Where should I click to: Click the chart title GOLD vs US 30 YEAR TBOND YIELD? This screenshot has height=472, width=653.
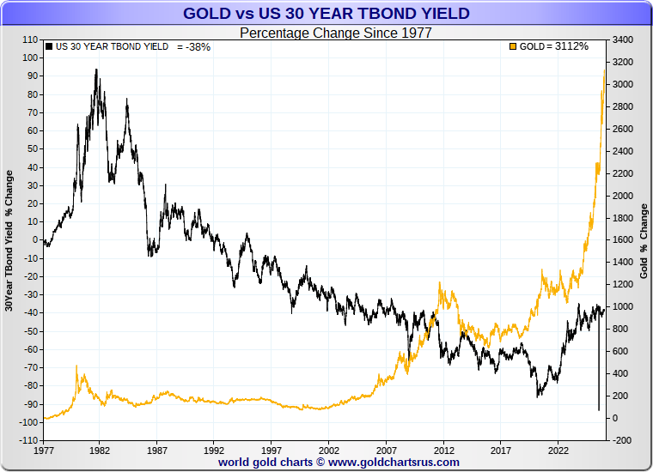326,13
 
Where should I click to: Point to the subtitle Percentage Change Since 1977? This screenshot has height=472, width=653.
335,33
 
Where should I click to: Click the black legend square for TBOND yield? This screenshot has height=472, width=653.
49,46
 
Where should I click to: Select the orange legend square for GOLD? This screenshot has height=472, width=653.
514,46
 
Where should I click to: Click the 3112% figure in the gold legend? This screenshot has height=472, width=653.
571,46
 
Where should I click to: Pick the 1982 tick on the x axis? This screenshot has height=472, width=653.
100,449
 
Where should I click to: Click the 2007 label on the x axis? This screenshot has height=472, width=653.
387,449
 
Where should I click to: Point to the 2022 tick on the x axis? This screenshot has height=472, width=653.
559,449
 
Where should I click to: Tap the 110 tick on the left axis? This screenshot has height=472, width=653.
30,39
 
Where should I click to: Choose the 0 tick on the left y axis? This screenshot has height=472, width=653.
35,239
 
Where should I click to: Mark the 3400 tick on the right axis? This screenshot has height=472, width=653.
625,39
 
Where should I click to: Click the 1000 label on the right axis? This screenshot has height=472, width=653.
625,306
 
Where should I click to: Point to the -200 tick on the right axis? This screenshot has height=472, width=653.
624,440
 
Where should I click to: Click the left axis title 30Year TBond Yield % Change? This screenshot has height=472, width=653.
9,240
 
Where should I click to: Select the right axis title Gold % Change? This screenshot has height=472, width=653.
644,240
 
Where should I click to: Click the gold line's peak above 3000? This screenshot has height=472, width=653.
604,72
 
